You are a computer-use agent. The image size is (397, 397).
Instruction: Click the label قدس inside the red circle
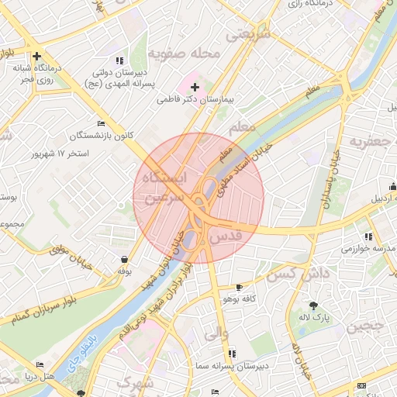pos(226,233)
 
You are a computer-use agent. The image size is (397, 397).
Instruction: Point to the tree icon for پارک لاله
pos(312,306)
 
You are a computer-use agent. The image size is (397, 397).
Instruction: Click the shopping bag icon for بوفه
pos(124,260)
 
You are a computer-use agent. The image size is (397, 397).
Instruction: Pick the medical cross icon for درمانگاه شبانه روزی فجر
pos(36,56)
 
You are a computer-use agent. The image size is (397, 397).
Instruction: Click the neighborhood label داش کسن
pos(292,273)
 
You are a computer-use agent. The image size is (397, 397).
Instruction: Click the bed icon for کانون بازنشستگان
pos(101,124)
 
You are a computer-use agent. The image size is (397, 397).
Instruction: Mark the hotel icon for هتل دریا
pos(40,364)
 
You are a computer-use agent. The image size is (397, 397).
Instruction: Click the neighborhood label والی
pos(215,334)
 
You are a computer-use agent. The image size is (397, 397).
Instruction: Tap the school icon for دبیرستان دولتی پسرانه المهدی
pos(119,60)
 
